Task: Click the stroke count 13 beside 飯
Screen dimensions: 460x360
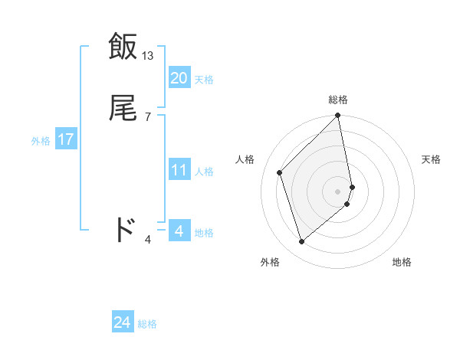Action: point(148,56)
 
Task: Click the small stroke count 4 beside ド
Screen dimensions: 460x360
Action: point(148,240)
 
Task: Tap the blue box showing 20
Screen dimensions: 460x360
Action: point(179,78)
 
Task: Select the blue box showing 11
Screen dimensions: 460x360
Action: point(179,170)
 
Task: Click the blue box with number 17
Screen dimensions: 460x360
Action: point(66,139)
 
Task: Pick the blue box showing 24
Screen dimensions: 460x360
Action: point(123,322)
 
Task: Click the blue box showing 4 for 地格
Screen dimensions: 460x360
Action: point(179,231)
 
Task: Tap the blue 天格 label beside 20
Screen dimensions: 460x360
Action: point(204,79)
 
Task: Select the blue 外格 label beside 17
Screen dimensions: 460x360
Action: point(41,140)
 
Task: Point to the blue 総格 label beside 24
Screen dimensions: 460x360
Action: point(147,324)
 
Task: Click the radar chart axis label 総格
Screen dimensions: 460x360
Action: point(338,100)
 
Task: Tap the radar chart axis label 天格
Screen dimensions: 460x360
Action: point(431,159)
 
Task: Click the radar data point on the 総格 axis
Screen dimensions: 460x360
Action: point(338,116)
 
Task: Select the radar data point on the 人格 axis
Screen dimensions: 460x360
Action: point(280,172)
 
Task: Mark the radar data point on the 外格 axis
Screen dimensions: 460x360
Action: point(302,242)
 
